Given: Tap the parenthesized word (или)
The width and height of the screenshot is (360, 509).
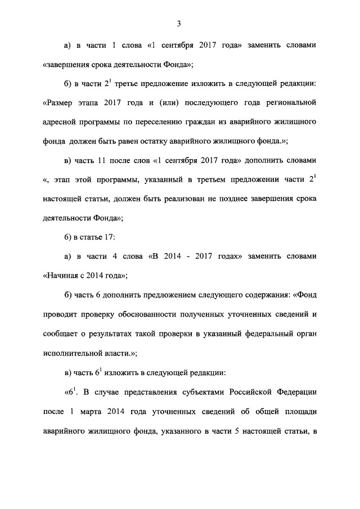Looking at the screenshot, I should [x=169, y=103].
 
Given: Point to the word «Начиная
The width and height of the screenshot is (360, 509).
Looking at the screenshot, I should [x=62, y=276].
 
